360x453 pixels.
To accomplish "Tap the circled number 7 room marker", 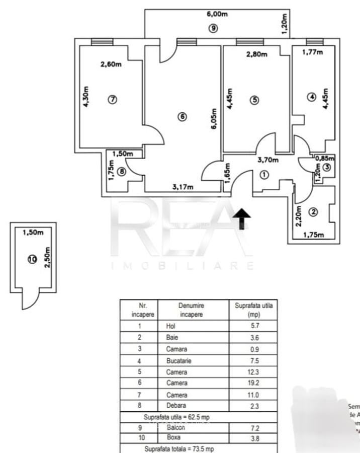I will (x=112, y=100).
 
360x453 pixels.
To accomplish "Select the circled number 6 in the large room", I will (x=183, y=117).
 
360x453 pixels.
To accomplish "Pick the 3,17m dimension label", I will (x=183, y=187).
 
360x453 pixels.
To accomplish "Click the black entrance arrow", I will (x=242, y=218).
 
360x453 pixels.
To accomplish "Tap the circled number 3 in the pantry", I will (x=327, y=168).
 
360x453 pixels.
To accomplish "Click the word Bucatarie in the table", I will (x=178, y=361).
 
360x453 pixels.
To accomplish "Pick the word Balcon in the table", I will (x=176, y=427).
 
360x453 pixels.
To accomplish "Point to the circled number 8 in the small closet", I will (x=121, y=172).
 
